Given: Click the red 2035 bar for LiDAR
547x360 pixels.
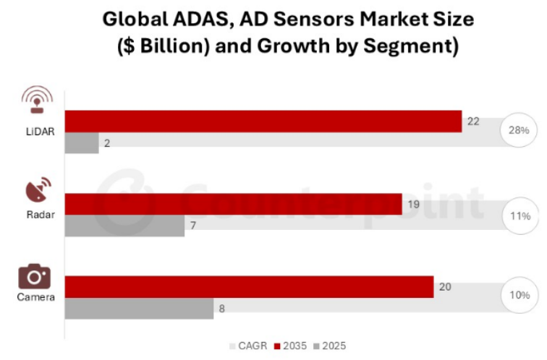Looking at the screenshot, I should pos(263,121).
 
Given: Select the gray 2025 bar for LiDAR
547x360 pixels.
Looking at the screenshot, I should pos(82,143).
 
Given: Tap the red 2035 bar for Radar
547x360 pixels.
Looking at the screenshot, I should pos(233,205).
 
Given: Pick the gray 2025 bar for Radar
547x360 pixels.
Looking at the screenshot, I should pos(124,226).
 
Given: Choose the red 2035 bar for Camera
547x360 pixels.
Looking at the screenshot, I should pos(249,287).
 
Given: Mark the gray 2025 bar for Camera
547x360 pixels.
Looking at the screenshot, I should pos(139,309).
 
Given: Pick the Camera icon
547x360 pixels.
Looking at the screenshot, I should pos(34,277).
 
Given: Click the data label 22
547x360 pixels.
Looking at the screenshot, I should pos(474,121).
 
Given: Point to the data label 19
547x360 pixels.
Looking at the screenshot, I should pos(414,205).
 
